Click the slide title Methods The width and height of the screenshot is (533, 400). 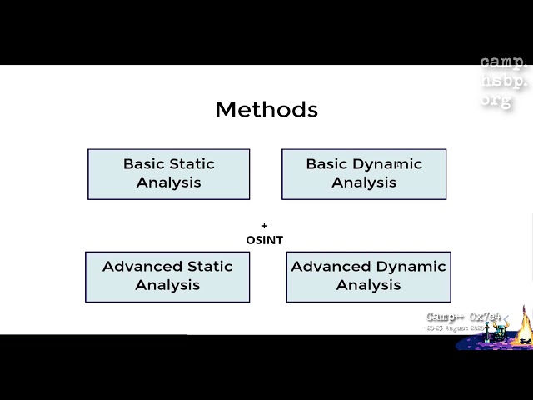click(x=266, y=109)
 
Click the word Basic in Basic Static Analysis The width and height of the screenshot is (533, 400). click(x=143, y=164)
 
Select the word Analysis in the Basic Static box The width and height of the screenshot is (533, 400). click(x=168, y=182)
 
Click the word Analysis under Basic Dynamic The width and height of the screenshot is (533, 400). click(x=364, y=182)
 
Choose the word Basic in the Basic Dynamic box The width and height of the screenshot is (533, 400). click(x=326, y=164)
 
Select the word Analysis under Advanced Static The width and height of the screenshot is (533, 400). click(x=167, y=285)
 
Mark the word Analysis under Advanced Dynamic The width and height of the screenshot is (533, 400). click(x=368, y=285)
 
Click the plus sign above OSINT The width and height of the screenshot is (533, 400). click(x=264, y=226)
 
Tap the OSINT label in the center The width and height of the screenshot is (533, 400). click(x=264, y=240)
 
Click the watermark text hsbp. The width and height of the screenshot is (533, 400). click(x=504, y=82)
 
